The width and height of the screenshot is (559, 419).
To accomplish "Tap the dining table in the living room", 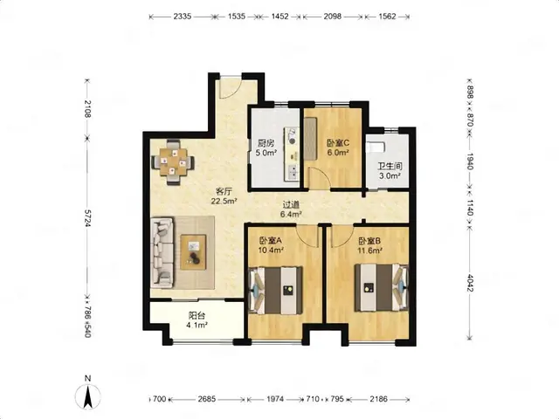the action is (x=173, y=161).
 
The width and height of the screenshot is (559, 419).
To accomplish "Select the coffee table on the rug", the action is (x=193, y=252).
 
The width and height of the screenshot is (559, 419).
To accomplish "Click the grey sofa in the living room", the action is (x=162, y=252).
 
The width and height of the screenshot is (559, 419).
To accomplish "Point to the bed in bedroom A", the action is (x=276, y=291).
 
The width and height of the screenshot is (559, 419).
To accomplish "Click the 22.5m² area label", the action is (x=224, y=201).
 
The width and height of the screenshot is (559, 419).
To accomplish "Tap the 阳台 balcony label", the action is (x=197, y=315).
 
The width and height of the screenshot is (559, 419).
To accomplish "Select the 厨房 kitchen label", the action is (x=266, y=143).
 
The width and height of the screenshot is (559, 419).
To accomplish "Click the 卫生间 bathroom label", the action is (x=390, y=166).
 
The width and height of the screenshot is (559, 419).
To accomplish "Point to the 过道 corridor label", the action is (x=291, y=205).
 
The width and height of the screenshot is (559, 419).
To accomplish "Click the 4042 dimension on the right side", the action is (x=470, y=283).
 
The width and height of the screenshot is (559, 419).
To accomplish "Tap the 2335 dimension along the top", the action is (x=183, y=17).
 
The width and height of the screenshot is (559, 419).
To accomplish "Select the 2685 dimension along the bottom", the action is (x=207, y=399).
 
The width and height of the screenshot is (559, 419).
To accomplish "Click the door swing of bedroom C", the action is (x=320, y=176).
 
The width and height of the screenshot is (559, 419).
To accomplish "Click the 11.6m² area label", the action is (x=369, y=251).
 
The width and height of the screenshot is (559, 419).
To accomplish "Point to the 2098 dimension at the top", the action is (x=332, y=17).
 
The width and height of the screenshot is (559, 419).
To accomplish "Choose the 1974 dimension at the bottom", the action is (x=275, y=399).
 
